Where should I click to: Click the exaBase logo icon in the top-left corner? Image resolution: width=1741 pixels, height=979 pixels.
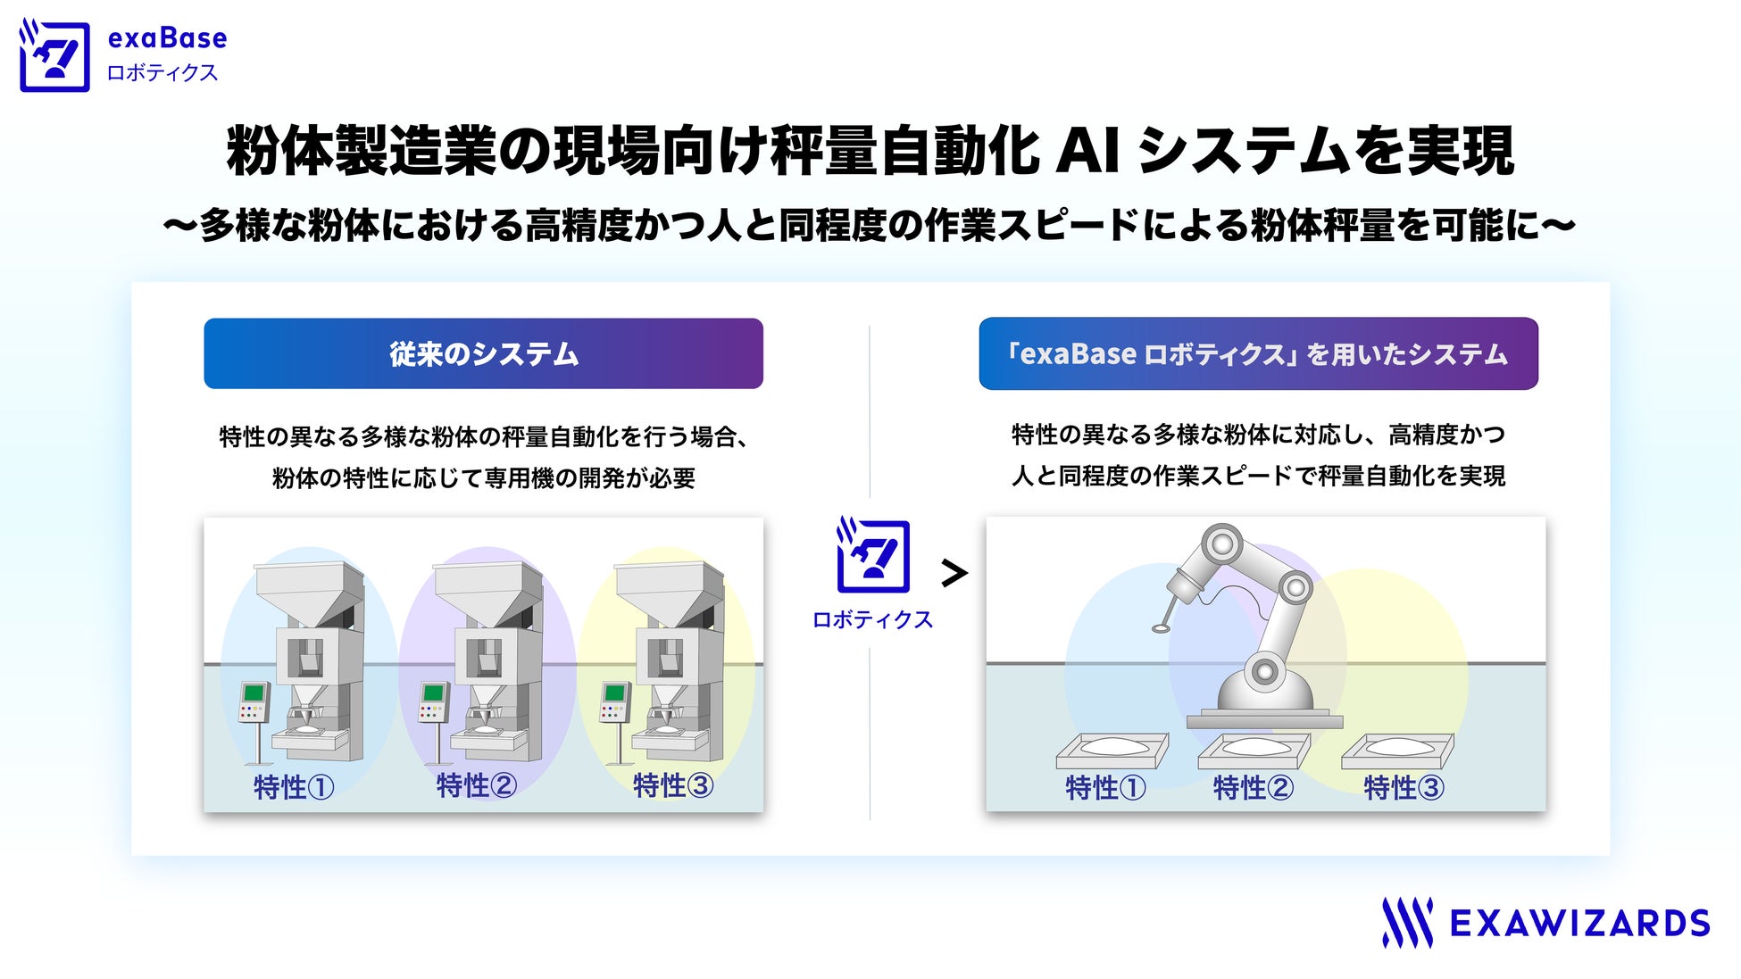pyautogui.click(x=54, y=56)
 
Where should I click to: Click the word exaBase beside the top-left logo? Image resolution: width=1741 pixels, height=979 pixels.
pyautogui.click(x=167, y=38)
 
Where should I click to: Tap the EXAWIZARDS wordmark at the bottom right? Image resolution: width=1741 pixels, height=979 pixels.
pyautogui.click(x=1579, y=923)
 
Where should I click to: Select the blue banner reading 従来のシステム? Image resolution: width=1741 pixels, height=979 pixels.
pyautogui.click(x=483, y=353)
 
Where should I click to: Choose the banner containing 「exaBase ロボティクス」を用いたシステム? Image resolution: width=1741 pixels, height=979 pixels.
pyautogui.click(x=1258, y=353)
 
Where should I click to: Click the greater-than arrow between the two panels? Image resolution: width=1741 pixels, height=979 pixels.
pyautogui.click(x=954, y=573)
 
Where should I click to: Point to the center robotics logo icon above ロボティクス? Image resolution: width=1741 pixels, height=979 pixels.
pyautogui.click(x=872, y=556)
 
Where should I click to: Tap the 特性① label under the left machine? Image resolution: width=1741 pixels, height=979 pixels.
pyautogui.click(x=294, y=786)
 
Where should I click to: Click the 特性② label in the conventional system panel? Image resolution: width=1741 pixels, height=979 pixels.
pyautogui.click(x=476, y=785)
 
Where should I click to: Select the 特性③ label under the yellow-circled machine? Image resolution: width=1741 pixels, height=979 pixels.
pyautogui.click(x=672, y=785)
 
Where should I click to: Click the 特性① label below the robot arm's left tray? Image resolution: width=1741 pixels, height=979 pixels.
pyautogui.click(x=1104, y=788)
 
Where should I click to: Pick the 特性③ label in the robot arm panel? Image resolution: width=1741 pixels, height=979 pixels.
pyautogui.click(x=1404, y=788)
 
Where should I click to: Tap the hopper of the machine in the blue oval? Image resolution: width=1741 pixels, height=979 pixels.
pyautogui.click(x=308, y=590)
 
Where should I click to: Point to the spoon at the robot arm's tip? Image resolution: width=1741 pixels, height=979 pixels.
pyautogui.click(x=1162, y=627)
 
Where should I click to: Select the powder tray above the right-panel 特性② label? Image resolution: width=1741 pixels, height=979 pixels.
pyautogui.click(x=1254, y=749)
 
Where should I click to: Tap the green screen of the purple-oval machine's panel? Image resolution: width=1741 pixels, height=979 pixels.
pyautogui.click(x=435, y=693)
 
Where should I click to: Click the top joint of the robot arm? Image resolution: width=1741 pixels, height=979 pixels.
pyautogui.click(x=1221, y=543)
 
